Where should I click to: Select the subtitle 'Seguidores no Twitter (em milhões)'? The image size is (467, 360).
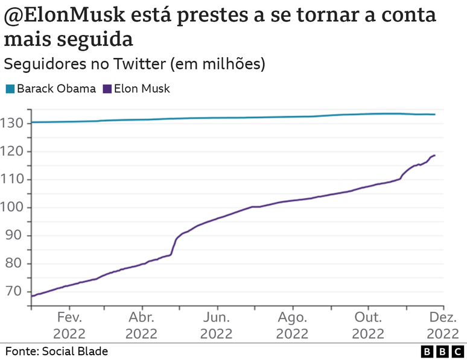[x=134, y=64]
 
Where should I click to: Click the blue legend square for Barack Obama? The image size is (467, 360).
[x=10, y=89]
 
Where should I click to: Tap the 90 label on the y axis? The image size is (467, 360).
[x=15, y=235]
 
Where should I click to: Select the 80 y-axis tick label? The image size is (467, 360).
[x=15, y=264]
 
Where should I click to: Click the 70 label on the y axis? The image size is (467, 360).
[x=15, y=291]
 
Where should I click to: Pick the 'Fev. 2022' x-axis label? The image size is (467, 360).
[x=69, y=326]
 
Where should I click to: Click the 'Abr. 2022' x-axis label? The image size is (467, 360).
[x=141, y=326]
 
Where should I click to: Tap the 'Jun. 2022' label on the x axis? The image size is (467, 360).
[x=217, y=326]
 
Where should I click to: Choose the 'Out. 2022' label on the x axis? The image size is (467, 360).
[x=367, y=326]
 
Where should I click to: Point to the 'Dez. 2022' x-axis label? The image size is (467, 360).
[x=442, y=326]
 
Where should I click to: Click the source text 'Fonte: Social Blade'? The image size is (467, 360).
[x=57, y=351]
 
